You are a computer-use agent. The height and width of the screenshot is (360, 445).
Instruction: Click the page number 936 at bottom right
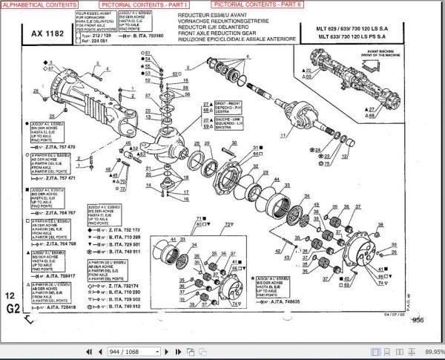pyautogui.click(x=418, y=320)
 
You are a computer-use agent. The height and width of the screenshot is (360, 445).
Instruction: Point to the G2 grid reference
pyautogui.click(x=13, y=307)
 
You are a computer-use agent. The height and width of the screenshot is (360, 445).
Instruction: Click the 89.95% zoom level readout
pyautogui.click(x=433, y=351)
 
